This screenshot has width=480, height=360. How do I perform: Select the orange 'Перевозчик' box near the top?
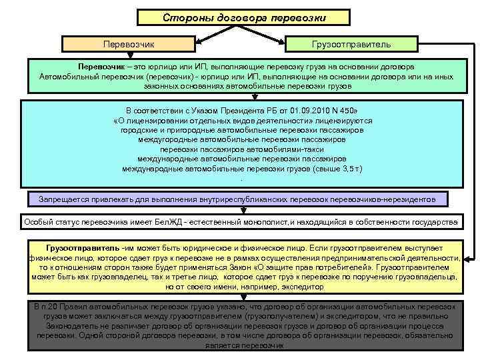tap(129, 44)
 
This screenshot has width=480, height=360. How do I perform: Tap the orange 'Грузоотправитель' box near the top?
tap(351, 44)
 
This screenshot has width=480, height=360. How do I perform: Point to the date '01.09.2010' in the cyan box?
tap(284, 110)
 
